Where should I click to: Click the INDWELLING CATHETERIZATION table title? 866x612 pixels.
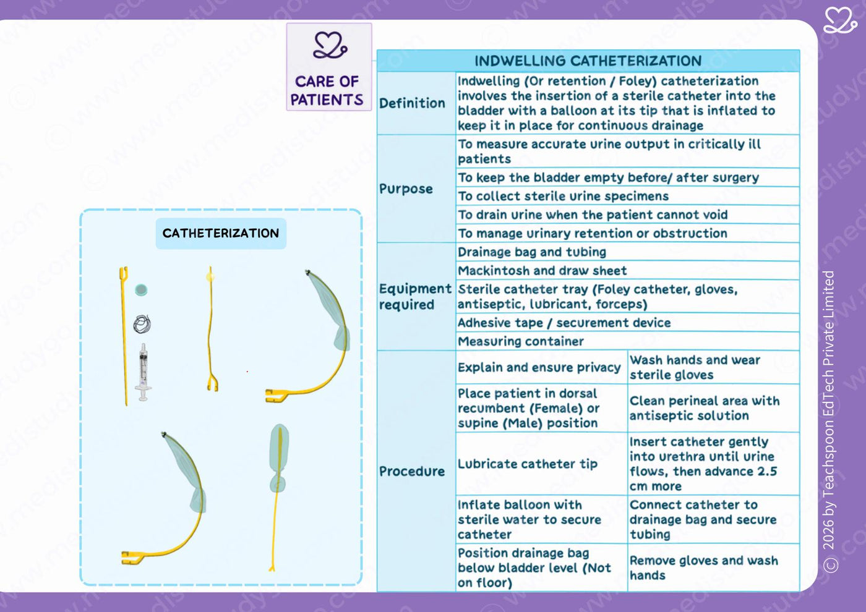coord(588,61)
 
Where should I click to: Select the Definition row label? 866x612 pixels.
coord(412,103)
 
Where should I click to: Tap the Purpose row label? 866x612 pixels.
coord(406,189)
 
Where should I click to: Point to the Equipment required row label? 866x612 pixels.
coord(415,296)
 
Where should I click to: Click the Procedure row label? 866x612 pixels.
coord(412,471)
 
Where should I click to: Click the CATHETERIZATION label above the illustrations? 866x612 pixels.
coord(221,234)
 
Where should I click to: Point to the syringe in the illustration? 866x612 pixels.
coord(143,372)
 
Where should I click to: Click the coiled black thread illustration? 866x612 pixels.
coord(142,324)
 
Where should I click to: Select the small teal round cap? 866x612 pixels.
coord(141,290)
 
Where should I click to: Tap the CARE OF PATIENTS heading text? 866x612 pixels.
coord(327,91)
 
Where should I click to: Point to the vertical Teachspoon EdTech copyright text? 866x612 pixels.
coord(830,422)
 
